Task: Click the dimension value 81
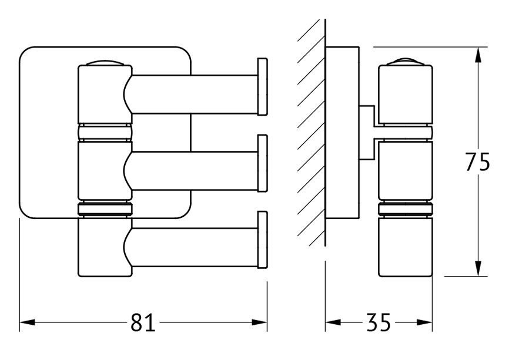[x=143, y=322]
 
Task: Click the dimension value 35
[x=379, y=322]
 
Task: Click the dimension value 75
[x=477, y=162]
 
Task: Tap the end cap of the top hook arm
[x=263, y=87]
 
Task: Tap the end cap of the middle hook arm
[x=263, y=163]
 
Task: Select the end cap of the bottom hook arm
[x=263, y=240]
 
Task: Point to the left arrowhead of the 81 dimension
[x=27, y=322]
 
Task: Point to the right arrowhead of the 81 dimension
[x=259, y=322]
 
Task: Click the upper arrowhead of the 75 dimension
[x=478, y=55]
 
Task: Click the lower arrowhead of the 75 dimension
[x=478, y=268]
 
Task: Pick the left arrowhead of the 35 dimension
[x=333, y=322]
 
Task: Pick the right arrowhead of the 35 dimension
[x=424, y=322]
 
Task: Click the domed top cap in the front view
[x=105, y=63]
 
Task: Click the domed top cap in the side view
[x=406, y=63]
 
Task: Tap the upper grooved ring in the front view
[x=105, y=132]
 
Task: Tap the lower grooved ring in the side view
[x=406, y=209]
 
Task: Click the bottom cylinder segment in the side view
[x=406, y=247]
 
